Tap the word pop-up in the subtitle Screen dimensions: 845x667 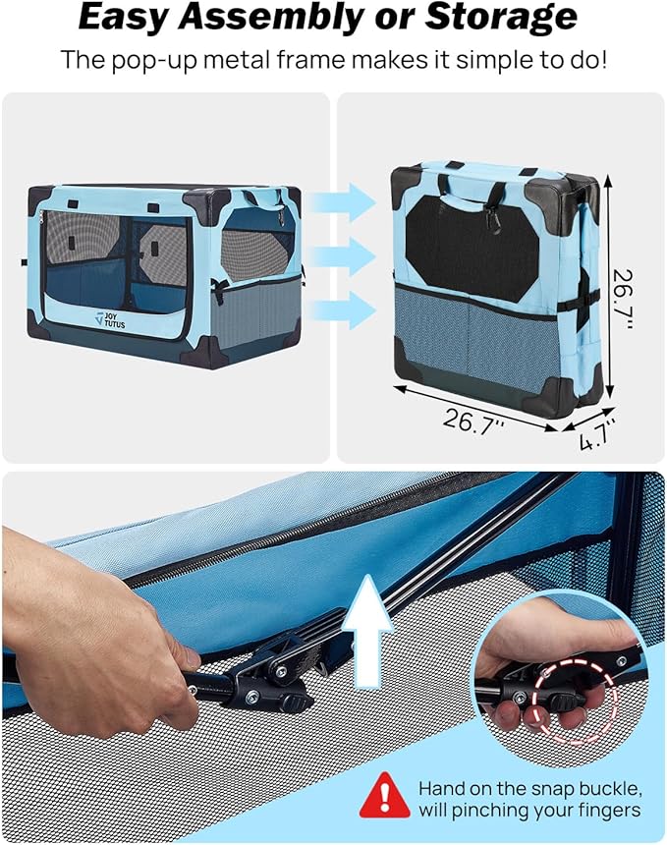pos(160,59)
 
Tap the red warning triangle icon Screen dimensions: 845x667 pos(385,797)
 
